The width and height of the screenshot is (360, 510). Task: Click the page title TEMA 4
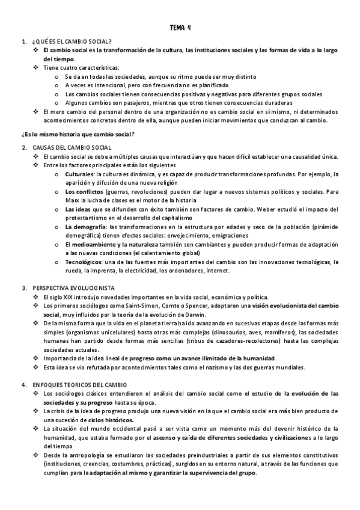(x=180, y=27)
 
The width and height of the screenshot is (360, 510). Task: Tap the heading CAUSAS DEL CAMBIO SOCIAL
(x=72, y=147)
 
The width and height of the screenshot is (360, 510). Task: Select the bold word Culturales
(x=79, y=174)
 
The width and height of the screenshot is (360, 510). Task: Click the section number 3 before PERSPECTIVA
(x=22, y=288)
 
